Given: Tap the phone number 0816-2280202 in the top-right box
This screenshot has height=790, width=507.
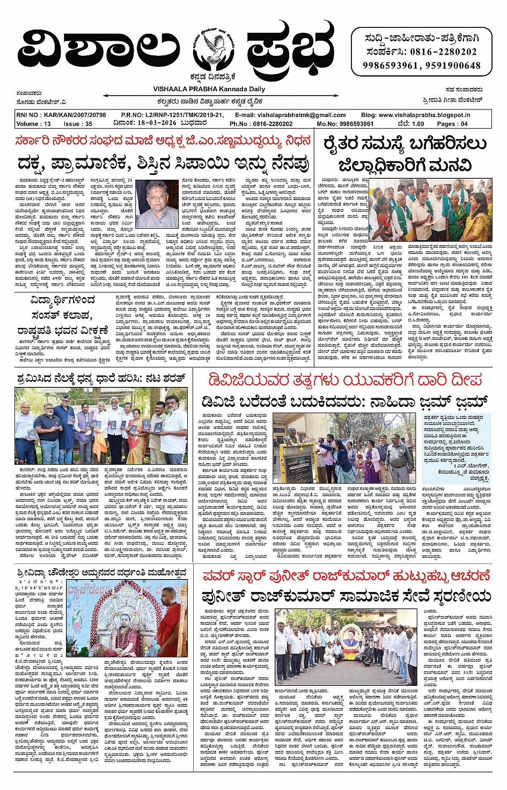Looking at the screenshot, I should click(443, 52).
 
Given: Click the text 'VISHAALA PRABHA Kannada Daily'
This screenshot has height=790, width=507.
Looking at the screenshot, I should click(201, 89).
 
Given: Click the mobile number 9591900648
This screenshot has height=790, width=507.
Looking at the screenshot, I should click(453, 65).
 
